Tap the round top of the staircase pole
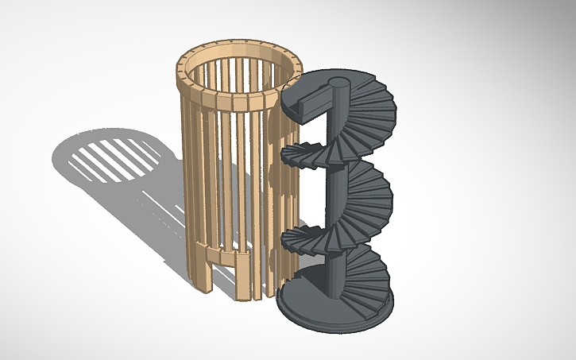point(339,82)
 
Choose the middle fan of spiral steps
point(369,187)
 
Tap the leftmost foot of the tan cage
point(203,278)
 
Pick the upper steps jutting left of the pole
point(306,153)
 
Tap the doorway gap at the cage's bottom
point(224,282)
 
